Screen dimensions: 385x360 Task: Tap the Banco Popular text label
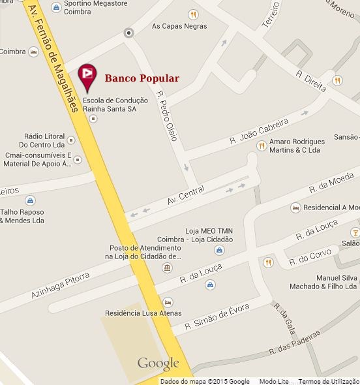(x=142, y=79)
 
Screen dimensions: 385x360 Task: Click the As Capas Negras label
(x=179, y=26)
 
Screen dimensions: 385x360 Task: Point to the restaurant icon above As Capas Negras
(x=192, y=14)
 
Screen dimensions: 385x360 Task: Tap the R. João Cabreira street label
(x=259, y=131)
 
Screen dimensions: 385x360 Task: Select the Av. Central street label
(x=186, y=195)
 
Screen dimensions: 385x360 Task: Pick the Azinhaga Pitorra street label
(x=60, y=285)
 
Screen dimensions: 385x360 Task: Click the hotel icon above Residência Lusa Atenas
(x=168, y=302)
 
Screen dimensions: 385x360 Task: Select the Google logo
(x=158, y=363)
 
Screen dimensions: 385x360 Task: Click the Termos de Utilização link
(x=329, y=381)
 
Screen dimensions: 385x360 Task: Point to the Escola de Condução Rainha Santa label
(x=110, y=104)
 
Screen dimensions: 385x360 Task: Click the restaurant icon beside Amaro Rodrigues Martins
(x=261, y=146)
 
